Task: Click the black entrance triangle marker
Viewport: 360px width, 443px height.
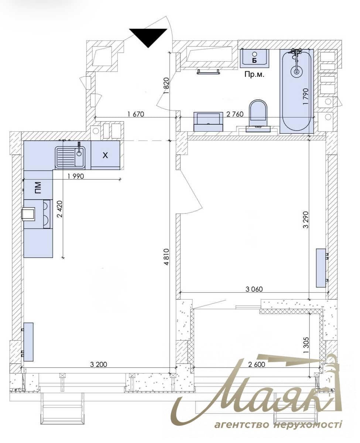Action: (148, 37)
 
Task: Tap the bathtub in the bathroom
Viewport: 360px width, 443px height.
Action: (296, 91)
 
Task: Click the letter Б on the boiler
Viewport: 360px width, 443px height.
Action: (254, 60)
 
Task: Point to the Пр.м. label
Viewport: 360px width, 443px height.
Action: (254, 74)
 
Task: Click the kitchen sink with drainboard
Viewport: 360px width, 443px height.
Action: (70, 157)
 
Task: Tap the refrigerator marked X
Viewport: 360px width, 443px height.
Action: (106, 155)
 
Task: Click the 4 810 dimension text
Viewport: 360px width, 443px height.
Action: (167, 257)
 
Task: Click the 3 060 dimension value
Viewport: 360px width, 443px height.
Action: (254, 289)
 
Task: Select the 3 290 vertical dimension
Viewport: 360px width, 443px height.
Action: (306, 220)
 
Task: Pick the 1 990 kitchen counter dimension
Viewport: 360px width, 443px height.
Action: (76, 176)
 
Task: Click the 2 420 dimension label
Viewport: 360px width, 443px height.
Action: (60, 209)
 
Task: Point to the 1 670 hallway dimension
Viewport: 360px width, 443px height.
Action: (136, 114)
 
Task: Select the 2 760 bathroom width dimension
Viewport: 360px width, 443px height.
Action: (235, 114)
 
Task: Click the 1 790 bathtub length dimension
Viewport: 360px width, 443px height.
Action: (305, 96)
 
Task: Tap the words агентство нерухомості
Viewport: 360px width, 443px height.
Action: (278, 430)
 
